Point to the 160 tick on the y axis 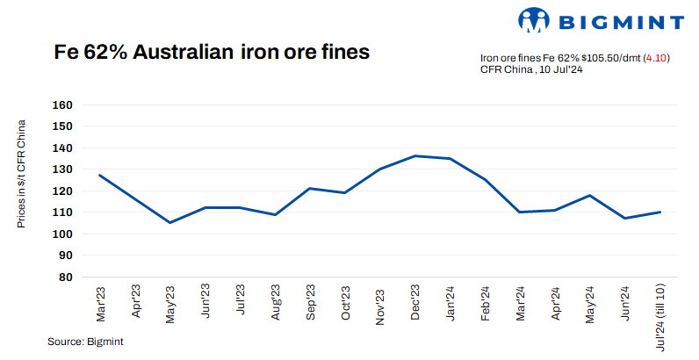[62, 104]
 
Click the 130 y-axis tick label [62, 169]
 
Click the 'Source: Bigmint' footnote [86, 342]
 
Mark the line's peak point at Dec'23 [414, 156]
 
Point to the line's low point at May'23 [169, 222]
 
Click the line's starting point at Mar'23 [99, 175]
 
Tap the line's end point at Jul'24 [660, 212]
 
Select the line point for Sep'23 [310, 188]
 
